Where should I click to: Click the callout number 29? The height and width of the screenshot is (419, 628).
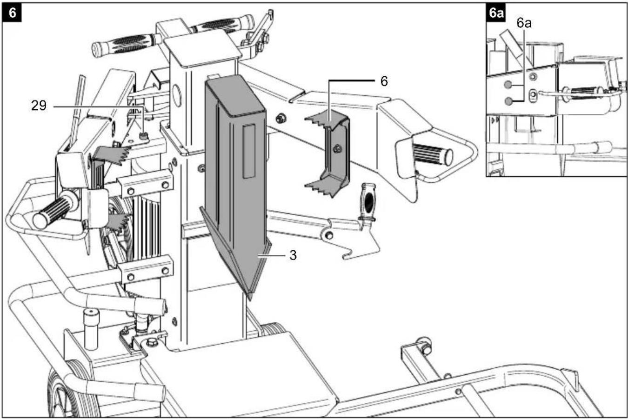[39, 106]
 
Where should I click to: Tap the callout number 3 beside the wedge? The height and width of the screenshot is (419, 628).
[293, 255]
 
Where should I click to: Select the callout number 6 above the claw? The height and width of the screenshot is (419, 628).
[384, 81]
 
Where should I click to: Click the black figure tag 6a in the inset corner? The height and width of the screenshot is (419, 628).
[496, 13]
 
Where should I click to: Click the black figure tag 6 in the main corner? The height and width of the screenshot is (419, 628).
[12, 13]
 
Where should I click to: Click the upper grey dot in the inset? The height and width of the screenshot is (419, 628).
[508, 85]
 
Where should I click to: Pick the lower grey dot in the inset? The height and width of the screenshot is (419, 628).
[508, 101]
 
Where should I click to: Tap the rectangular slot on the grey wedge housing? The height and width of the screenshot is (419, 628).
[249, 151]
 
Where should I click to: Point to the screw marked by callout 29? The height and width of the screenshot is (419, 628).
[144, 137]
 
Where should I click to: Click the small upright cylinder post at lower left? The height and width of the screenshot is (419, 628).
[92, 329]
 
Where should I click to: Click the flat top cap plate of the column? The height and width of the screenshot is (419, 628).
[202, 48]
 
